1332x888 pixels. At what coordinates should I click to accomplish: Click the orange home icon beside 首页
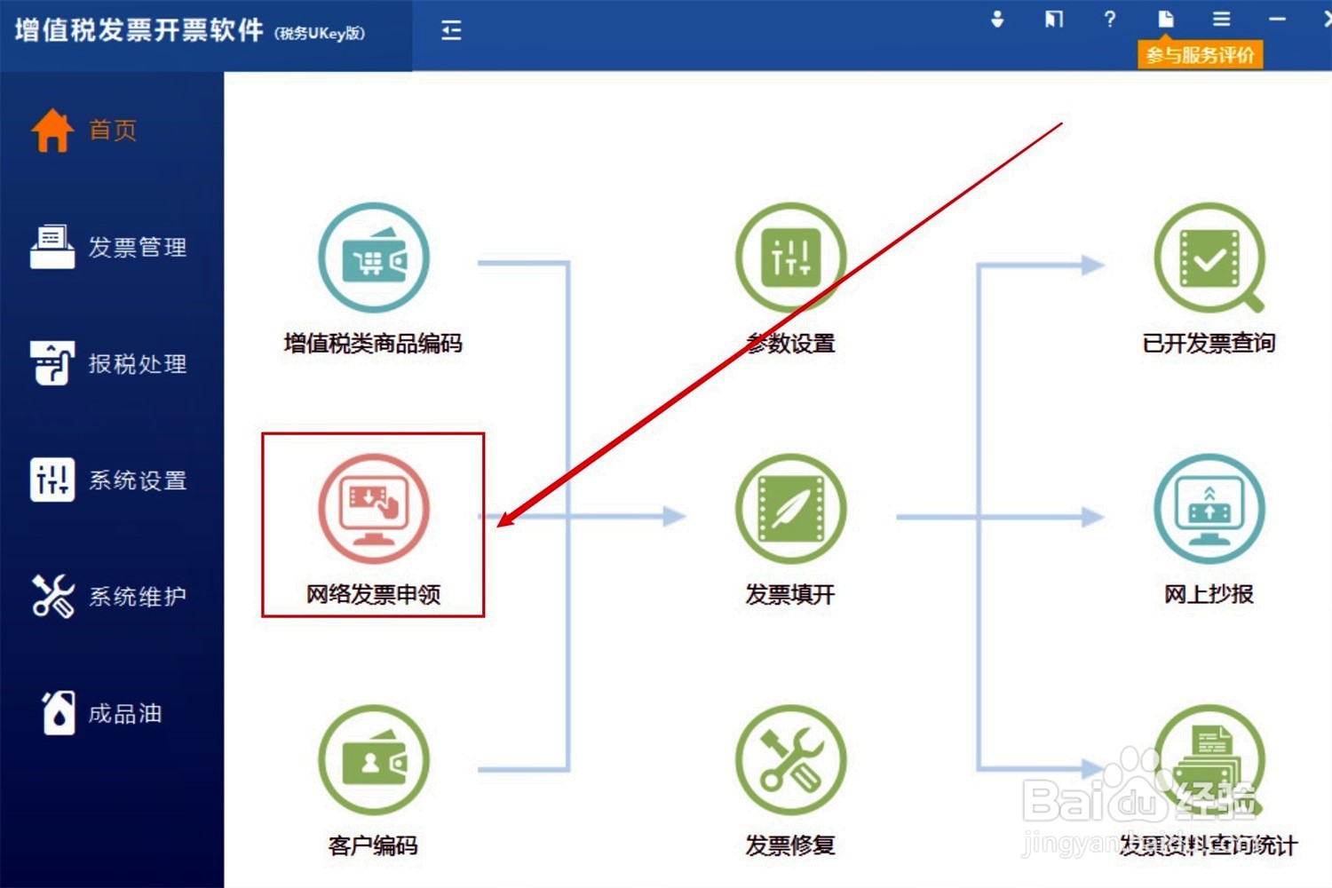click(x=52, y=131)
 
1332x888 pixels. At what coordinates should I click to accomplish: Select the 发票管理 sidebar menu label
click(x=138, y=247)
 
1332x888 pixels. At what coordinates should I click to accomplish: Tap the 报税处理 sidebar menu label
click(x=138, y=364)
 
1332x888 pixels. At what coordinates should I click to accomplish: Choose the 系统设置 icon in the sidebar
click(x=52, y=480)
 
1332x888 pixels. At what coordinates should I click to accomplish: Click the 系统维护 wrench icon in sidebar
click(x=52, y=596)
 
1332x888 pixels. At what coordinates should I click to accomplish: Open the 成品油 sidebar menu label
click(x=125, y=714)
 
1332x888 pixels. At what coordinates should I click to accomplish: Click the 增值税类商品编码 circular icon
click(x=374, y=258)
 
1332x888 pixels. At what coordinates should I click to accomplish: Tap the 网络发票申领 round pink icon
click(x=374, y=509)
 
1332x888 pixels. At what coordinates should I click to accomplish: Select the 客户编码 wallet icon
click(x=374, y=760)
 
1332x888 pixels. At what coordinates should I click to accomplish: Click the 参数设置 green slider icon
click(x=790, y=258)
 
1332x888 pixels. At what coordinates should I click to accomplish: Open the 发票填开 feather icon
click(x=790, y=509)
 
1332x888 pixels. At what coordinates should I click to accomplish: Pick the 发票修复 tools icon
click(x=790, y=760)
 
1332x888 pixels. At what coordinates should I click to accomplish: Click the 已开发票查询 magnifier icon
click(x=1209, y=258)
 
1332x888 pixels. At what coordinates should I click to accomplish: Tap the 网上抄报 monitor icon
click(x=1209, y=509)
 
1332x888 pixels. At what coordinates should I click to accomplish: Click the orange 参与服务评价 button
click(x=1200, y=55)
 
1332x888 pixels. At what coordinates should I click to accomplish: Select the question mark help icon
click(x=1109, y=19)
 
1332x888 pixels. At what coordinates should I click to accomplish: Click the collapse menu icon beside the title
click(x=451, y=31)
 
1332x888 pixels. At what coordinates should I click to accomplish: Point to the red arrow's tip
click(x=499, y=526)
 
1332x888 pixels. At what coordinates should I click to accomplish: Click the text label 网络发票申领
click(x=374, y=594)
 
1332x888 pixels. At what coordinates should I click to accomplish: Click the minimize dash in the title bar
click(x=1277, y=19)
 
